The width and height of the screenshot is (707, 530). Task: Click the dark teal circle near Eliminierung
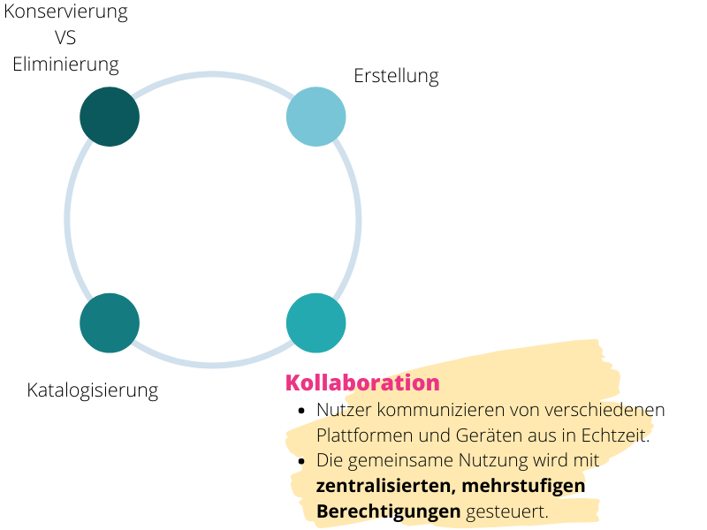(x=110, y=117)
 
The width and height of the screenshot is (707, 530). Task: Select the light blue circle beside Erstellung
(x=316, y=117)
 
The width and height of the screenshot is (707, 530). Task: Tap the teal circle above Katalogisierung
(x=110, y=323)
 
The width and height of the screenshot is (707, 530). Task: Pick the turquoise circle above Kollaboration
(x=316, y=323)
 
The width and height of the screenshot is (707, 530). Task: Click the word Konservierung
(x=65, y=11)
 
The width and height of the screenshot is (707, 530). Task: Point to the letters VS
(x=65, y=38)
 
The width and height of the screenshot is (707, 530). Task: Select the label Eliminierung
(x=65, y=64)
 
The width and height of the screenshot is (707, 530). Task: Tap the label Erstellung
(x=396, y=76)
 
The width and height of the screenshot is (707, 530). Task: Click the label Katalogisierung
(x=93, y=390)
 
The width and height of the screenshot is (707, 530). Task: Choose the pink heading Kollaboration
(x=362, y=382)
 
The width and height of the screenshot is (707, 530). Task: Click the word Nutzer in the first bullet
(x=344, y=410)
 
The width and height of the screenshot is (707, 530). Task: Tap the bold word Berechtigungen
(x=389, y=512)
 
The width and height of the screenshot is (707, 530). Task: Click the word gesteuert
(x=507, y=512)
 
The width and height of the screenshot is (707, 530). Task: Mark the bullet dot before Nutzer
(x=301, y=411)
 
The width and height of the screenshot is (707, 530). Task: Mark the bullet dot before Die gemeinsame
(x=301, y=461)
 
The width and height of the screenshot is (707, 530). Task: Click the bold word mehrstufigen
(x=523, y=487)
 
